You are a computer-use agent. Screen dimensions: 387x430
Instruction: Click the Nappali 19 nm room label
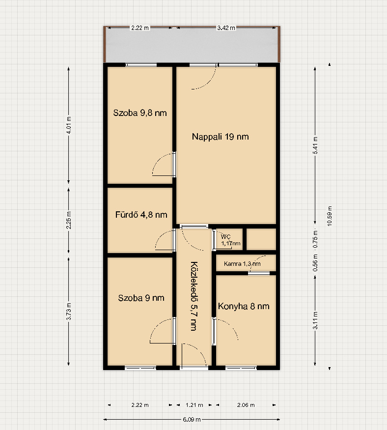pos(221,137)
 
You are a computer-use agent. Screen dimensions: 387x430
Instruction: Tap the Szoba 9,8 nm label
pos(140,113)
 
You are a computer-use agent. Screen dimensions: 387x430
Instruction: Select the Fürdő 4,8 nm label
pos(141,214)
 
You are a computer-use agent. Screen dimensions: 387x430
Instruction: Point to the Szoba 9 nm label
pos(141,298)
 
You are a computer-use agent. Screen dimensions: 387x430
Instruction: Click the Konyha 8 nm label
pos(244,306)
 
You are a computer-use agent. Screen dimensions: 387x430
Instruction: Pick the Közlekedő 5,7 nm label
pos(194,296)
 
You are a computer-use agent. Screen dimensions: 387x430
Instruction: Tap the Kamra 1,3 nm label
pos(242,264)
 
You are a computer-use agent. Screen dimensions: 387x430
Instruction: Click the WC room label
pos(225,237)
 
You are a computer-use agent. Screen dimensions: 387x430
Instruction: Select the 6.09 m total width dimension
pos(192,420)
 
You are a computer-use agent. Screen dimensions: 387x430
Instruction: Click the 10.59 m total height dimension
pos(330,216)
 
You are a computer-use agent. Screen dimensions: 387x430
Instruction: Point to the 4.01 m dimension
pos(69,125)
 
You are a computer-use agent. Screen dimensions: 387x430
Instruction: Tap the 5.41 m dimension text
pos(315,145)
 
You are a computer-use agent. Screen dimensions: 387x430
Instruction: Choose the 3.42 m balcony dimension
pos(226,28)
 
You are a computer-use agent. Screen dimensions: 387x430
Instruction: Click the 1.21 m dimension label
pos(194,405)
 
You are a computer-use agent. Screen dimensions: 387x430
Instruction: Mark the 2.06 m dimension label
pos(246,405)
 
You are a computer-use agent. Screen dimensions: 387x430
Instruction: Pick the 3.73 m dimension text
pos(69,311)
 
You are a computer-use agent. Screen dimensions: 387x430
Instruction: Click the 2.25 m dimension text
pos(69,220)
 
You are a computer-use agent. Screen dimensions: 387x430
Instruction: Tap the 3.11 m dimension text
pos(315,320)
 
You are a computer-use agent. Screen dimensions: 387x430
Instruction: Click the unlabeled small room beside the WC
pos(261,239)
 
